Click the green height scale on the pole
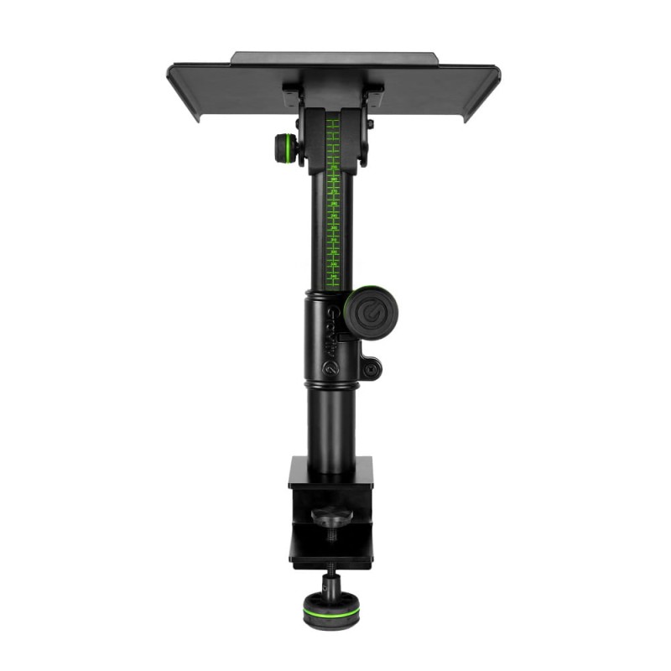click(x=333, y=201)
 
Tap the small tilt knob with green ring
click(x=286, y=149)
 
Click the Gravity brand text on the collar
click(x=331, y=332)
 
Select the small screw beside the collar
click(x=370, y=367)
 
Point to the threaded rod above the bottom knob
click(x=329, y=579)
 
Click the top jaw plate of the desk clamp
click(x=330, y=473)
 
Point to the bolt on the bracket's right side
click(x=370, y=124)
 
